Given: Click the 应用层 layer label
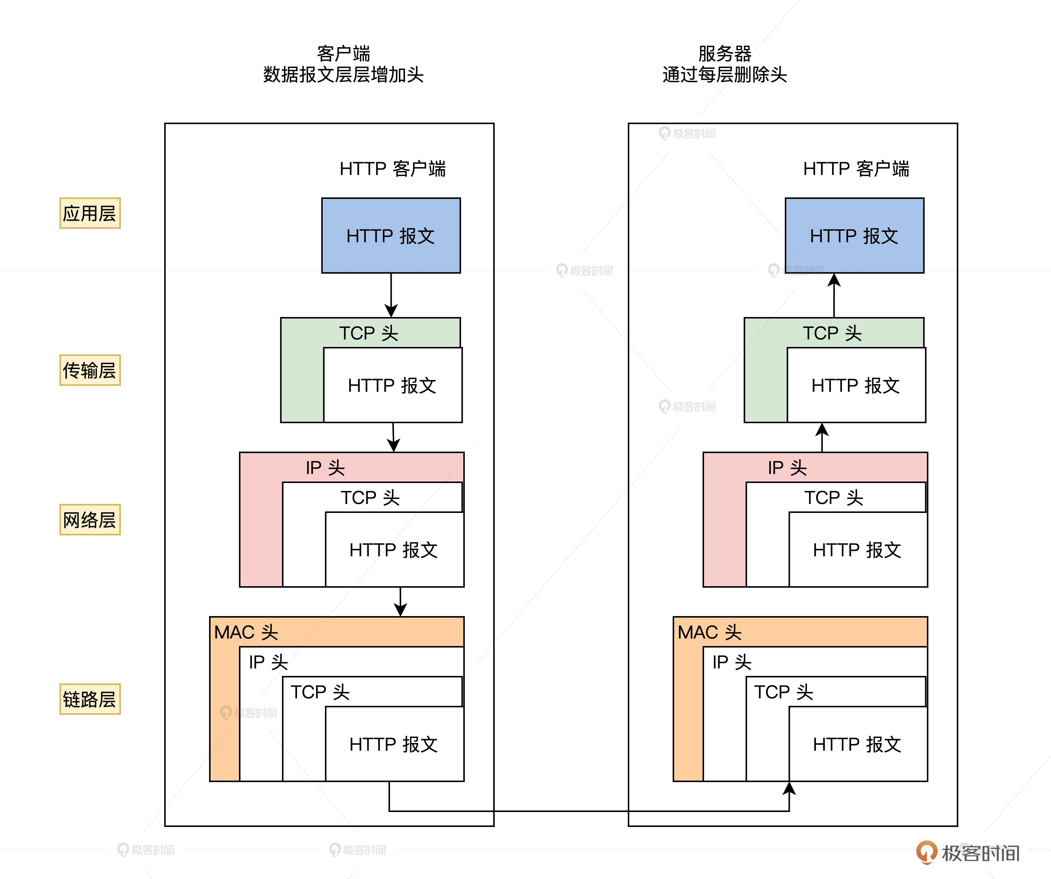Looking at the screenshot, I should pyautogui.click(x=90, y=213).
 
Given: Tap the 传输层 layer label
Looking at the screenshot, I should pyautogui.click(x=90, y=371).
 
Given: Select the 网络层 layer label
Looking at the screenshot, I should pyautogui.click(x=90, y=520).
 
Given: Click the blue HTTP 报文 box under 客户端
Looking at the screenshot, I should pyautogui.click(x=391, y=235).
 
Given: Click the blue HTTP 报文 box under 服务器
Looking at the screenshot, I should pyautogui.click(x=854, y=235).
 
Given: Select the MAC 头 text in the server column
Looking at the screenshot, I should pyautogui.click(x=709, y=632).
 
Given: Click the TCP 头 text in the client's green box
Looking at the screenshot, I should pyautogui.click(x=368, y=333).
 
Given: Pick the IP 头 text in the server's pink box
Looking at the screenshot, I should pyautogui.click(x=787, y=467).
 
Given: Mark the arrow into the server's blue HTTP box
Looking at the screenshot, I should pyautogui.click(x=834, y=295).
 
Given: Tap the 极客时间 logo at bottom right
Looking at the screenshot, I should pyautogui.click(x=968, y=852).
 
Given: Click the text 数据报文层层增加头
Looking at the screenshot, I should pyautogui.click(x=343, y=74).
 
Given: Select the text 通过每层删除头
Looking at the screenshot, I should pyautogui.click(x=725, y=74).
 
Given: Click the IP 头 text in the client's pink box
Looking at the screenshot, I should pyautogui.click(x=325, y=467).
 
